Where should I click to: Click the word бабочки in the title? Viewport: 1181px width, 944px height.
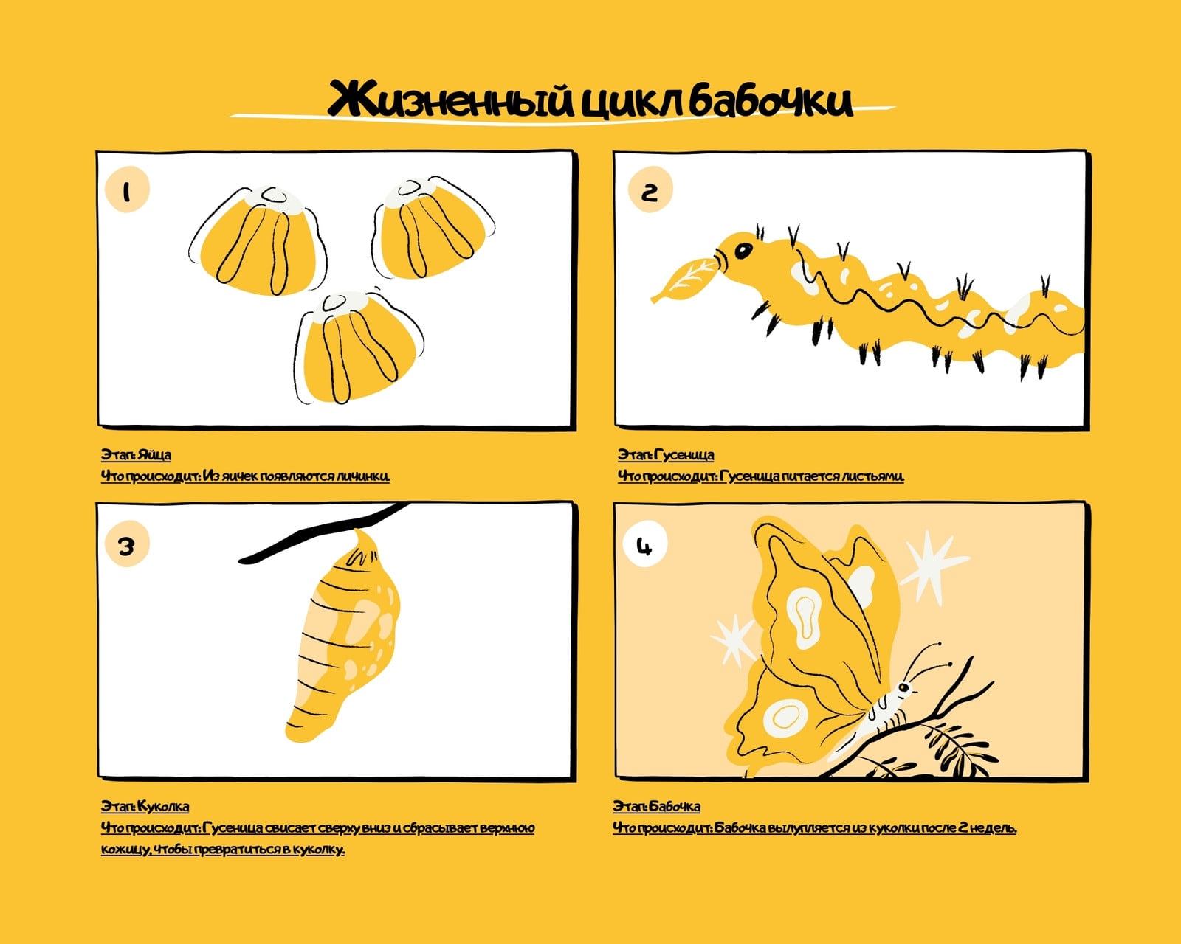(x=771, y=100)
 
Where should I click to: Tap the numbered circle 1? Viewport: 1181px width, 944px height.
(x=127, y=190)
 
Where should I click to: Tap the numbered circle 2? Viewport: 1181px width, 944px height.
(x=650, y=190)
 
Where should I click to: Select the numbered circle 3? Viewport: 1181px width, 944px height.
(x=127, y=544)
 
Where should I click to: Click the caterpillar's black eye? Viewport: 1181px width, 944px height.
(x=743, y=251)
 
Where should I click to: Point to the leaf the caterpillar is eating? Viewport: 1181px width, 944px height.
(x=684, y=280)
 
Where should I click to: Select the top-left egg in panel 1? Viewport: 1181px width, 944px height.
(x=258, y=241)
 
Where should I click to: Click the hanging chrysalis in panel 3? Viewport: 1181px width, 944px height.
(x=343, y=636)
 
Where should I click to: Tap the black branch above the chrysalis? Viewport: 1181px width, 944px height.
(x=324, y=532)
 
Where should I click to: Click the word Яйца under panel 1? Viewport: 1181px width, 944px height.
(x=154, y=455)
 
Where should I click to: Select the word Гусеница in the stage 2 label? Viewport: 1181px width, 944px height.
(x=684, y=455)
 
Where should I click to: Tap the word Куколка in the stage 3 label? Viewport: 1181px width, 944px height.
(x=163, y=806)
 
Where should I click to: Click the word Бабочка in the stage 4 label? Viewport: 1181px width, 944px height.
(x=675, y=806)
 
